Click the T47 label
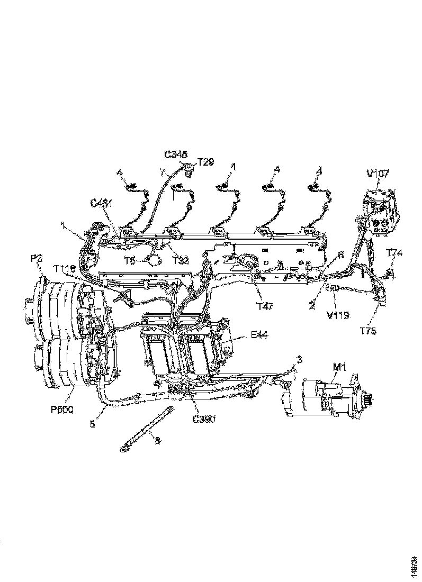(266, 307)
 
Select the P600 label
(63, 410)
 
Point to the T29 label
(205, 162)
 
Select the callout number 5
(94, 423)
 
